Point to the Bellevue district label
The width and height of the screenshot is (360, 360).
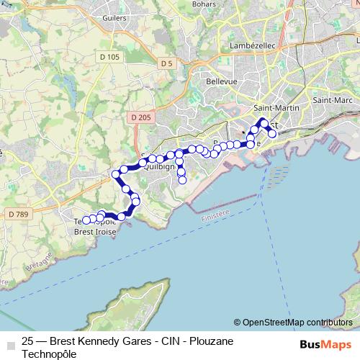click(222, 82)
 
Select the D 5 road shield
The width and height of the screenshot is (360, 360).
click(167, 63)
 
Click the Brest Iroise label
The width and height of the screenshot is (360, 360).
click(95, 232)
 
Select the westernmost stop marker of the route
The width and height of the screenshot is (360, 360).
click(85, 220)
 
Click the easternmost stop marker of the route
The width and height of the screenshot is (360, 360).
click(272, 133)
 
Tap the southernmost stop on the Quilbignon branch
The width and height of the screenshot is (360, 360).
click(182, 180)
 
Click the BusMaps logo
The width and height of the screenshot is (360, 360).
click(325, 344)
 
